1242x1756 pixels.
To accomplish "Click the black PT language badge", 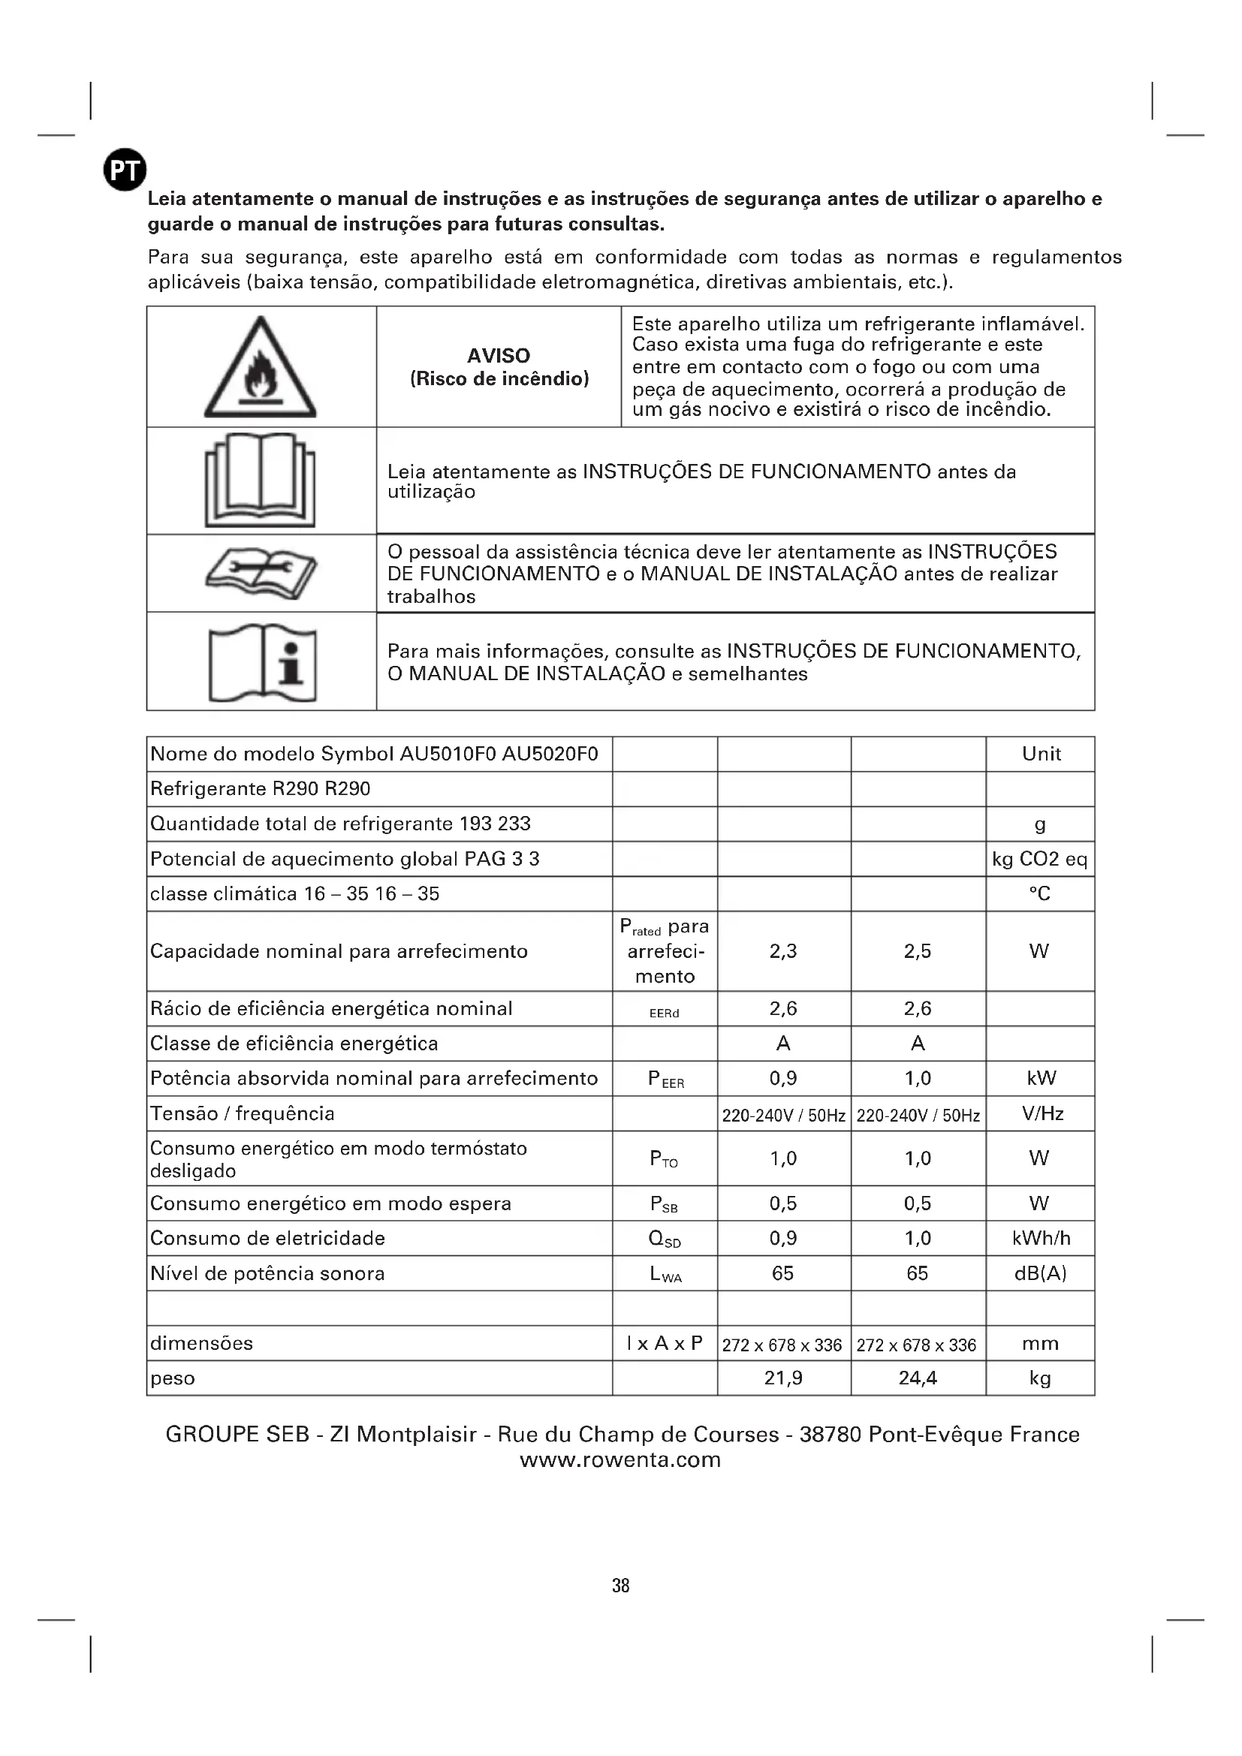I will point(125,170).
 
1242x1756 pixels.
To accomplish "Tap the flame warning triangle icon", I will point(260,369).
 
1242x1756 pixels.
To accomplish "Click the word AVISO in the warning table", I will point(499,356).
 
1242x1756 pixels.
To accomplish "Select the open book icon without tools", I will point(260,480).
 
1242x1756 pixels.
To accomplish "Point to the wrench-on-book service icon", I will point(261,574).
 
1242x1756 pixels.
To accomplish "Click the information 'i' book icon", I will point(262,662).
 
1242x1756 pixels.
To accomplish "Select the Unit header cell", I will point(1041,754).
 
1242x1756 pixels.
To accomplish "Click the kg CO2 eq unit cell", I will point(1039,859).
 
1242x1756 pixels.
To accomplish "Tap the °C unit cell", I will point(1039,893).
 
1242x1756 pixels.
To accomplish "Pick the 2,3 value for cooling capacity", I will point(783,951).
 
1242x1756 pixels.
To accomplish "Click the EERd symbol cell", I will point(664,1013).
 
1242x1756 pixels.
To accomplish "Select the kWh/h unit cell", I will point(1040,1238).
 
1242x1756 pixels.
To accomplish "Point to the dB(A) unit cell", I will point(1040,1273).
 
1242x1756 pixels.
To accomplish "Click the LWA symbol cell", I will point(665,1274).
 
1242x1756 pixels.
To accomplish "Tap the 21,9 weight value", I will point(783,1378).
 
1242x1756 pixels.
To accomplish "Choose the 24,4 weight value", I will point(917,1378).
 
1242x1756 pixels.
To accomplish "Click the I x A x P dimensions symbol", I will point(664,1343).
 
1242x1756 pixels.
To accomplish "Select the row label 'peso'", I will point(173,1379).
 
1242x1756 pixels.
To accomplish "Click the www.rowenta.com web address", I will point(620,1460).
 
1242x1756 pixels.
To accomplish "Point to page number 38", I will point(620,1586).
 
